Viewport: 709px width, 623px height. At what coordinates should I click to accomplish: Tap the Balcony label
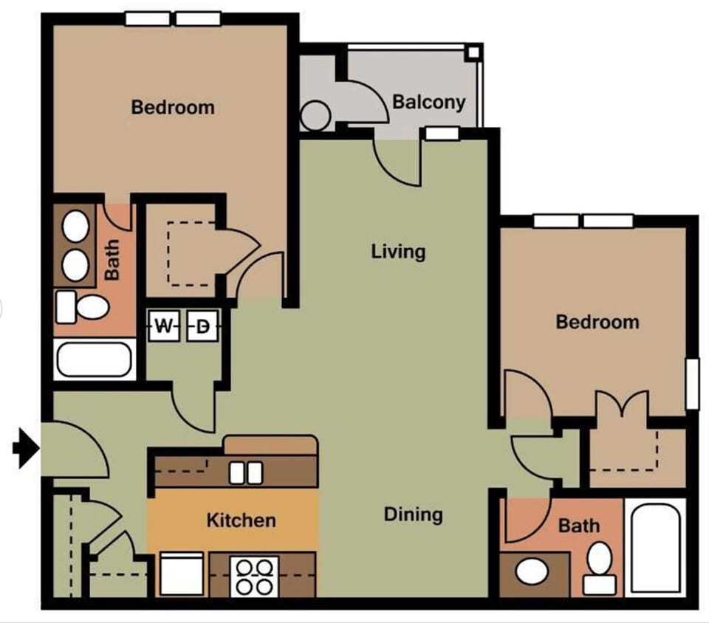click(x=429, y=101)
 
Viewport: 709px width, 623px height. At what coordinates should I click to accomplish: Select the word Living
click(x=398, y=252)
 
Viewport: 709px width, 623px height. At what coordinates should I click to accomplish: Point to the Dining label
click(x=413, y=514)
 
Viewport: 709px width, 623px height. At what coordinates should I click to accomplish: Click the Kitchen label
click(x=241, y=520)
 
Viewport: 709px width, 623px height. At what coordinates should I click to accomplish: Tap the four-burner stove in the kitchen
click(x=254, y=576)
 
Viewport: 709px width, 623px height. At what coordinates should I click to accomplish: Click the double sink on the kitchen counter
click(x=245, y=472)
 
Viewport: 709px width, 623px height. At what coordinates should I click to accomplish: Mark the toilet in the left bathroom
click(x=83, y=306)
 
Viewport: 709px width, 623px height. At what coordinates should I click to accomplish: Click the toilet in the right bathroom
click(x=600, y=567)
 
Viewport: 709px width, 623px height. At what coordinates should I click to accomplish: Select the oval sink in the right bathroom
click(x=530, y=571)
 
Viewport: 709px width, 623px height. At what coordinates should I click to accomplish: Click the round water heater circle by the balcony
click(x=315, y=116)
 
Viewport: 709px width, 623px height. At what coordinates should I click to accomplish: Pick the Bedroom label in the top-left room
click(x=173, y=107)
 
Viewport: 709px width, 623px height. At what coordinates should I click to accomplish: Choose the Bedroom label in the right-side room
click(x=597, y=322)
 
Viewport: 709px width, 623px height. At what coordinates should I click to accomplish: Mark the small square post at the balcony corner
click(x=473, y=52)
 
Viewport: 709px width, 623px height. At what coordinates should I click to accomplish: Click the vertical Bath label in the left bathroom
click(x=112, y=259)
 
